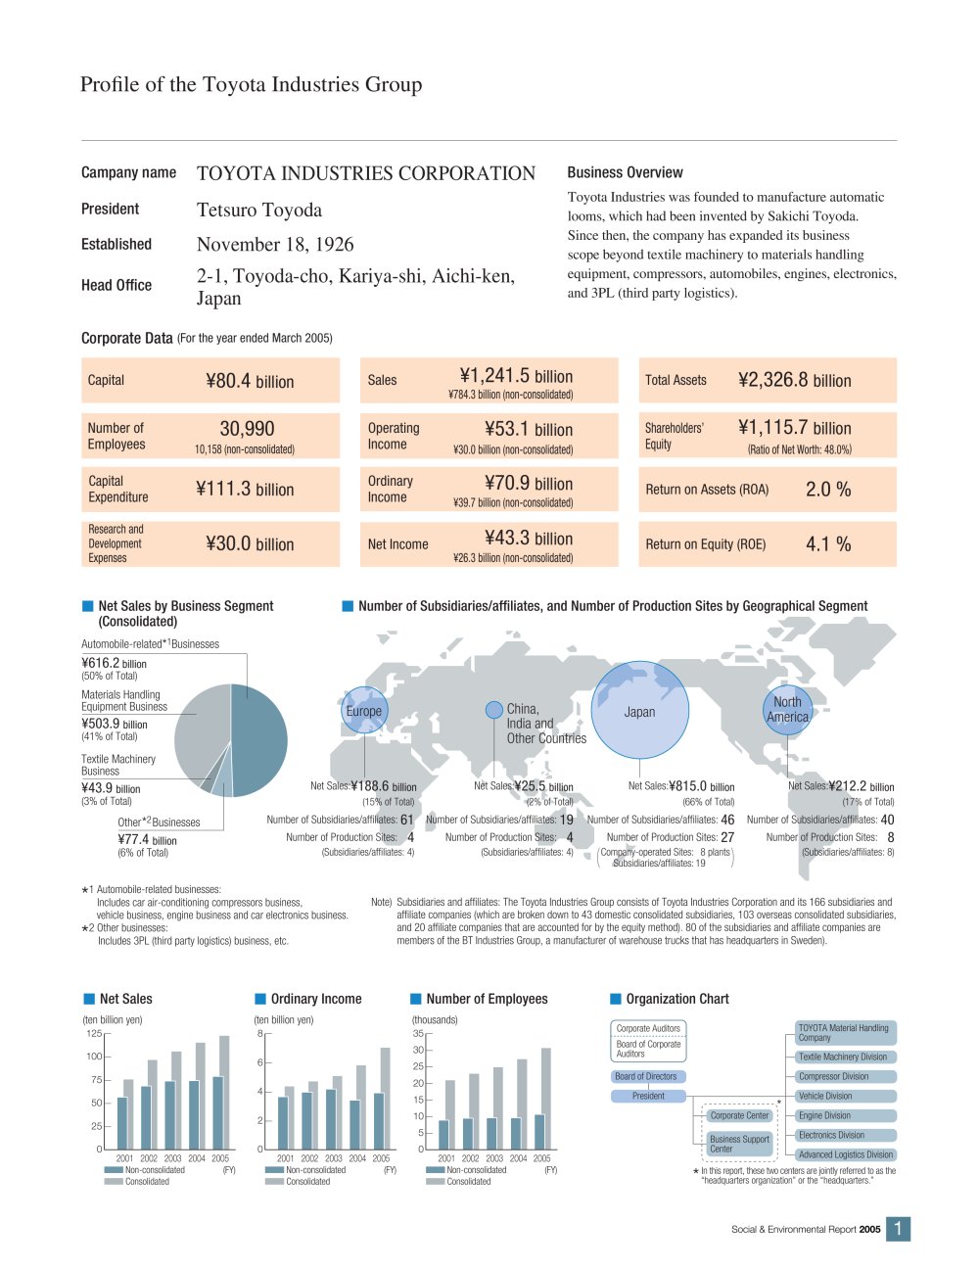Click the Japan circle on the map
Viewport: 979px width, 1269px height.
point(639,710)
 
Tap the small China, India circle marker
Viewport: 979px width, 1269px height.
point(493,710)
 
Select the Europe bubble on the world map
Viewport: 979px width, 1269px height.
point(364,710)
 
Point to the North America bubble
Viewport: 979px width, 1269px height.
point(787,710)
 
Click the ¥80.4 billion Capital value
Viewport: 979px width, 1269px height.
point(250,381)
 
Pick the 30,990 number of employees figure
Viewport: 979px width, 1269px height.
point(247,429)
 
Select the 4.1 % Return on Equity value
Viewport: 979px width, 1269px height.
point(828,543)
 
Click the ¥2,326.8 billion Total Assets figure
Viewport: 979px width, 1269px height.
point(795,380)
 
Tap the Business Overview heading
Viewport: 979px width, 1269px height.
point(625,172)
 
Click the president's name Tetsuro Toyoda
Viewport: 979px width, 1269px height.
point(259,210)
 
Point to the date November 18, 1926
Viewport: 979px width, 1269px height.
point(275,244)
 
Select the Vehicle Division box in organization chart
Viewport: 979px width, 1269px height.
point(846,1096)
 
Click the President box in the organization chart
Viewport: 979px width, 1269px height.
point(648,1096)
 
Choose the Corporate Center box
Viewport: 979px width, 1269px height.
point(740,1115)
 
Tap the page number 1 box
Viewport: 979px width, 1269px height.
point(898,1229)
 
